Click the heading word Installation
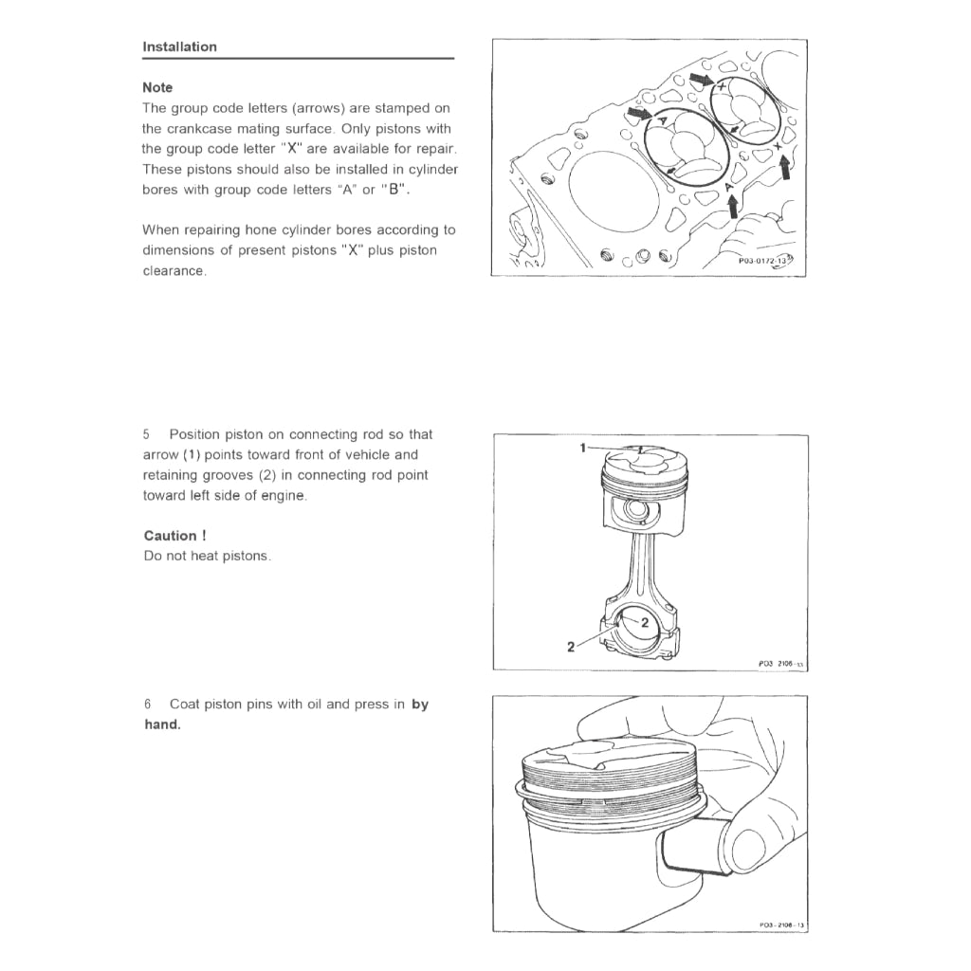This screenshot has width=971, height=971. (179, 46)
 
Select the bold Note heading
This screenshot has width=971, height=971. (157, 87)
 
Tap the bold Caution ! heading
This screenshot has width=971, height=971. (175, 536)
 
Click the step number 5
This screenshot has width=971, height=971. (147, 434)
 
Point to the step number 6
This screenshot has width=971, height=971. (147, 705)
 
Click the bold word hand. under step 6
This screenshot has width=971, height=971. (161, 724)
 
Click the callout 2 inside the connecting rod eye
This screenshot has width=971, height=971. (644, 623)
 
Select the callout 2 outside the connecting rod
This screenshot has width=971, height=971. (571, 647)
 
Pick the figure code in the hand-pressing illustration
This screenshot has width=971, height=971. (781, 925)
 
